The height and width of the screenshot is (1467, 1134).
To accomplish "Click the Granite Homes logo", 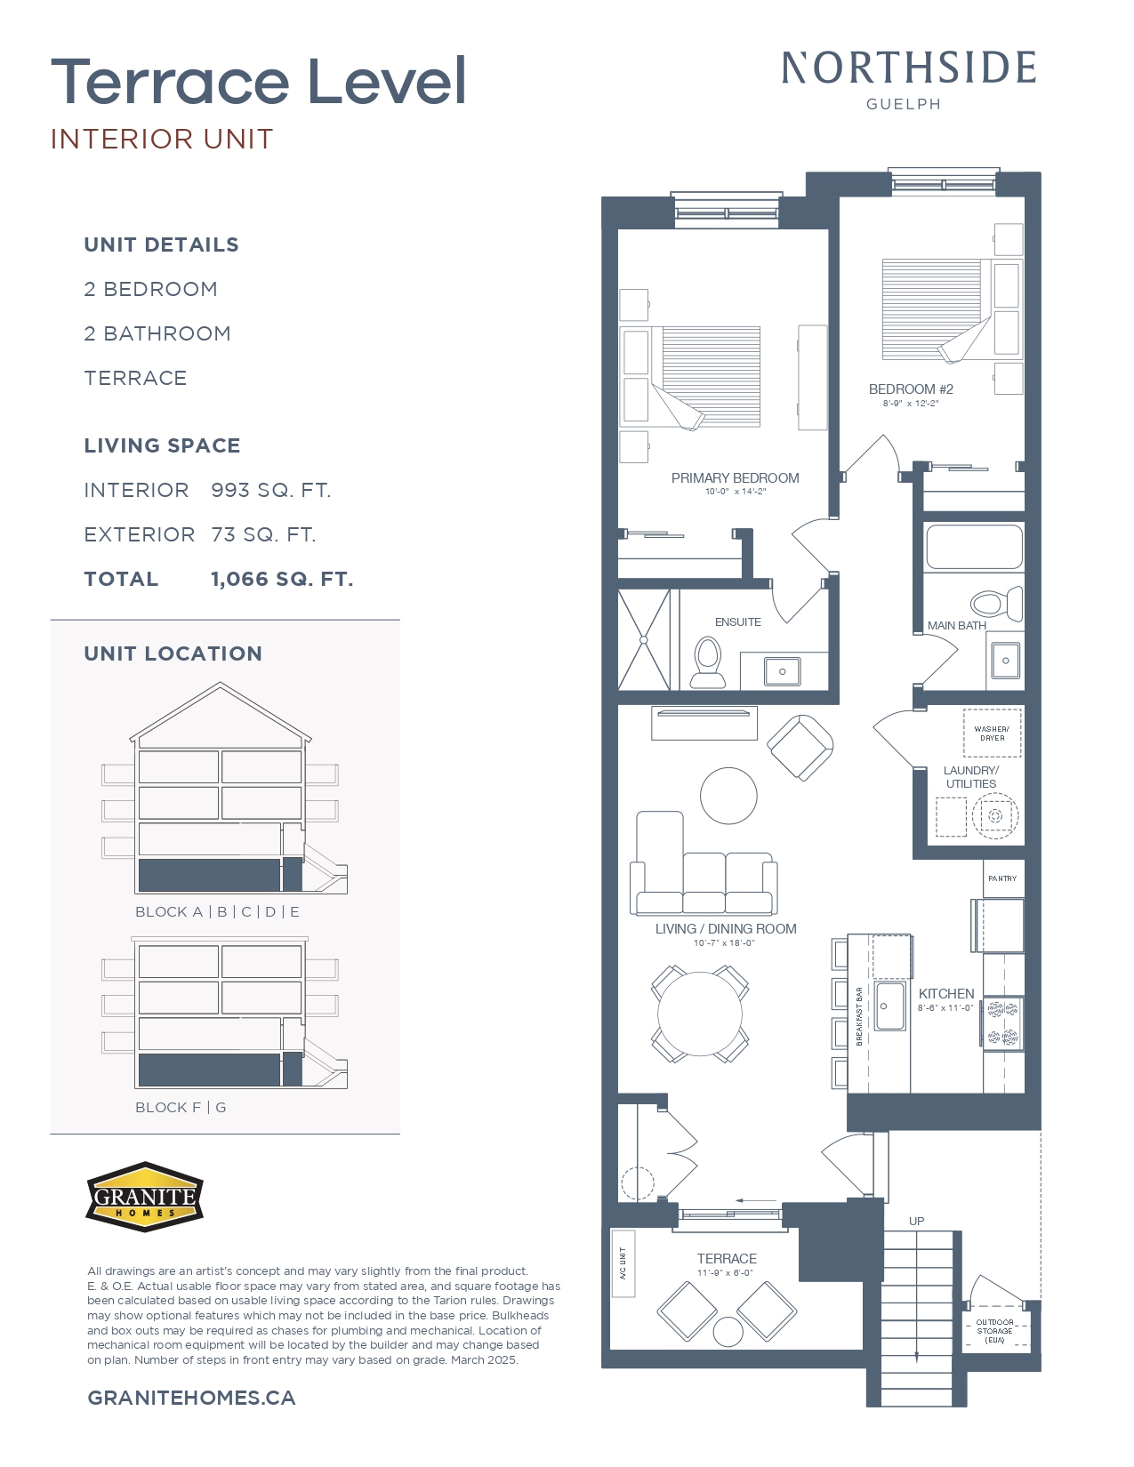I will [x=145, y=1197].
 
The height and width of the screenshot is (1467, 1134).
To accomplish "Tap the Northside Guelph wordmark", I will [x=908, y=78].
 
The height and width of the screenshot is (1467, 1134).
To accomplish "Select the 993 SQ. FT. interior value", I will [x=270, y=491].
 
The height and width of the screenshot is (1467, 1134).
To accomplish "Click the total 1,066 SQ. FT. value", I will [x=282, y=580].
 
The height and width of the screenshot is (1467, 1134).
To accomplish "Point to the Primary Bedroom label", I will [x=735, y=478].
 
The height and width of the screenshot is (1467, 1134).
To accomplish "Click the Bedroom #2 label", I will [x=911, y=389].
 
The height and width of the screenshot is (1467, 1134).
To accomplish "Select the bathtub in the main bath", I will [x=974, y=547].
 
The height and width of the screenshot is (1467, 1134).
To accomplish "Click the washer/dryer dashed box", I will [x=992, y=733].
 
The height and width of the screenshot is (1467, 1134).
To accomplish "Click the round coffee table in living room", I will [x=728, y=796].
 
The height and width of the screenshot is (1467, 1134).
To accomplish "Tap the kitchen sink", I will [x=889, y=1006].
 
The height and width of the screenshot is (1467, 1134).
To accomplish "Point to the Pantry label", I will [x=1002, y=878].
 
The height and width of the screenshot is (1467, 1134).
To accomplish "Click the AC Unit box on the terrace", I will [x=623, y=1263].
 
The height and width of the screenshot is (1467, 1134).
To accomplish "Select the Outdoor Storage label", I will [x=994, y=1331].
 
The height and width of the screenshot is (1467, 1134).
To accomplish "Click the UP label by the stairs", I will [x=916, y=1221].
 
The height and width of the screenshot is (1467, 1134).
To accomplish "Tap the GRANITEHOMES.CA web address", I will [x=191, y=1398].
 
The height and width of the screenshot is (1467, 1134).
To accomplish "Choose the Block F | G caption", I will [x=181, y=1108].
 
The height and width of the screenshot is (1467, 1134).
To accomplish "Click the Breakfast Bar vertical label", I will [x=859, y=1015].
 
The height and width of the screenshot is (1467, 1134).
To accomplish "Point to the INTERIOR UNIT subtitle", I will [x=162, y=140].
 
